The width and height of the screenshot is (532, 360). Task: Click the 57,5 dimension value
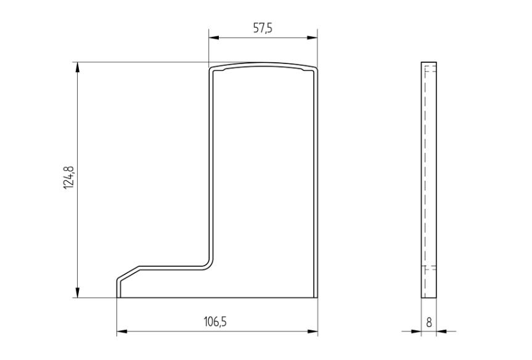pos(263,30)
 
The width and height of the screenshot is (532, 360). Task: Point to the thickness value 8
pos(429,322)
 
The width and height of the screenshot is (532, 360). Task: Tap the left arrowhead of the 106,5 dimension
pos(121,332)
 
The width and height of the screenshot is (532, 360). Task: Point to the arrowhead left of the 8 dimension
pos(417,331)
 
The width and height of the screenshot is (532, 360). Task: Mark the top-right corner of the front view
pos(316,67)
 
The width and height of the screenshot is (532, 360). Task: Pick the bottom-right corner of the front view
pos(317,298)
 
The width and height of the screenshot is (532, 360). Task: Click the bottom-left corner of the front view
pos(117,298)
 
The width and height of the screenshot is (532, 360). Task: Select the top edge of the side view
pos(429,62)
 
